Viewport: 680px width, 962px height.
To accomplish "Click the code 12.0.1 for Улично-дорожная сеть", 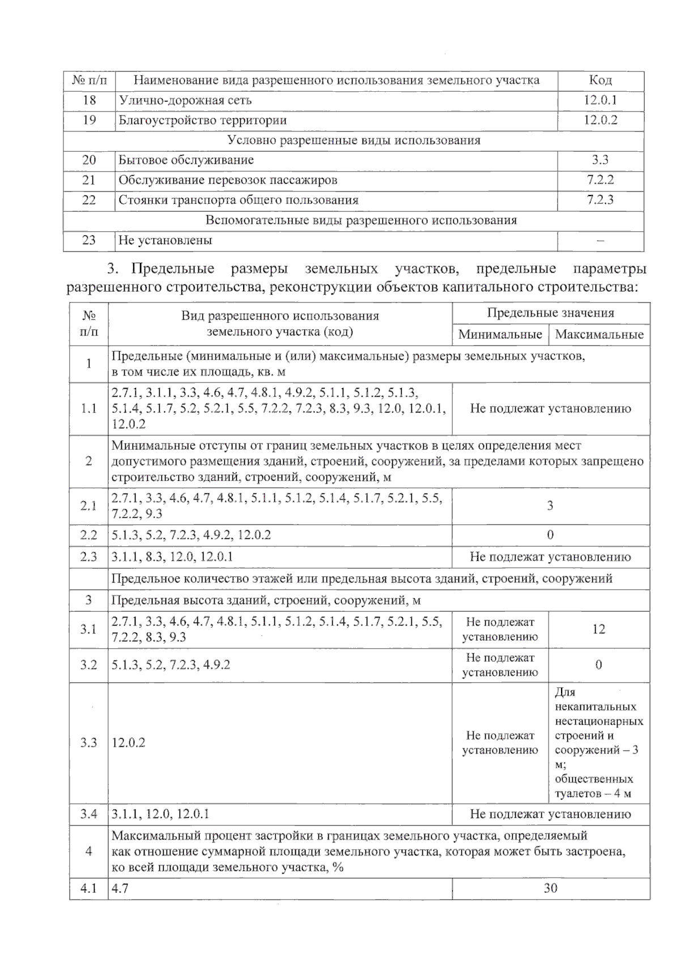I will pyautogui.click(x=600, y=100).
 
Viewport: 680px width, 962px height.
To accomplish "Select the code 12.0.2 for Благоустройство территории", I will pyautogui.click(x=600, y=120).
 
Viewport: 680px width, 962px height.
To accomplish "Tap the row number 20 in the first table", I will pyautogui.click(x=89, y=160).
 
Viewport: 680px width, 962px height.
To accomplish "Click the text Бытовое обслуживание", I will pyautogui.click(x=186, y=160).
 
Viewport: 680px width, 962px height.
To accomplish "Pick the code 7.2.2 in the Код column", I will pyautogui.click(x=600, y=180).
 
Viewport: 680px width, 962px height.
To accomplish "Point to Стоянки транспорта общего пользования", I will pyautogui.click(x=238, y=200).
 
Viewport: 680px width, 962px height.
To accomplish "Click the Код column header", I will pyautogui.click(x=600, y=80).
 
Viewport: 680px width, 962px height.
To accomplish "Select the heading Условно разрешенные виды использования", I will pyautogui.click(x=354, y=141).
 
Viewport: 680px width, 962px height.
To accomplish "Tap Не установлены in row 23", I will pyautogui.click(x=165, y=240).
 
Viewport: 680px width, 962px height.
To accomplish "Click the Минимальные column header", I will pyautogui.click(x=500, y=334).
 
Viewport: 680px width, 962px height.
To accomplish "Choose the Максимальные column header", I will pyautogui.click(x=599, y=334).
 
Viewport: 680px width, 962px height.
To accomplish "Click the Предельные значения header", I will pyautogui.click(x=550, y=313).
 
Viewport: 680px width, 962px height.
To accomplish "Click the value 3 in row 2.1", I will pyautogui.click(x=550, y=506).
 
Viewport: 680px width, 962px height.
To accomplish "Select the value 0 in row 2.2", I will pyautogui.click(x=550, y=535).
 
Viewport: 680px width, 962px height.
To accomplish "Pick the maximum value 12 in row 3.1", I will pyautogui.click(x=599, y=629).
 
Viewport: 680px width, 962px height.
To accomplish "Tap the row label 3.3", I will pyautogui.click(x=88, y=743).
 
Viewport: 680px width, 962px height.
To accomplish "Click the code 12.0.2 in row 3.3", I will pyautogui.click(x=129, y=743).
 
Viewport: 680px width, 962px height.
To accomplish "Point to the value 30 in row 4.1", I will pyautogui.click(x=550, y=888).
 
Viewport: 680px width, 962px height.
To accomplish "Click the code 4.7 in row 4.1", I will pyautogui.click(x=120, y=888).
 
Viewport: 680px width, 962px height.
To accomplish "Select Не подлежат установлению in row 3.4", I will pyautogui.click(x=550, y=814).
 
